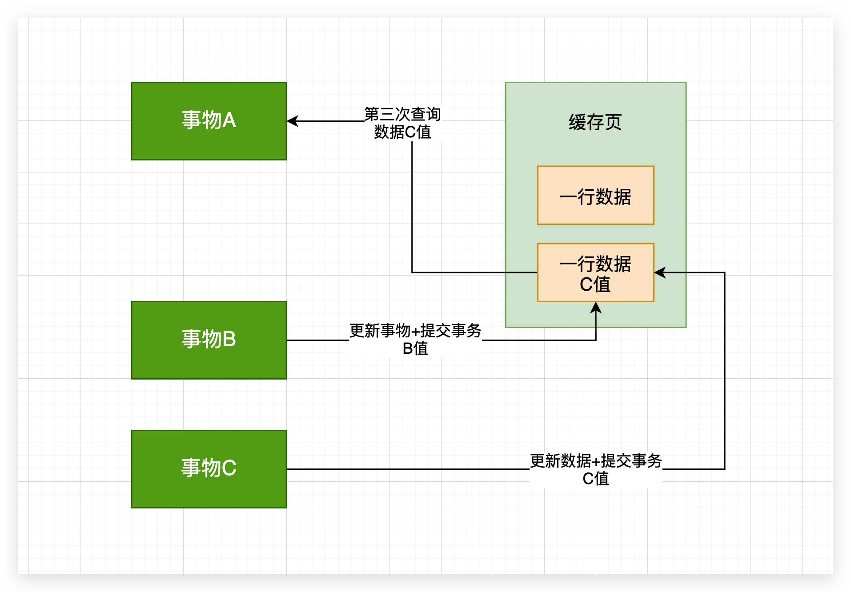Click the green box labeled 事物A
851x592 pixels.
209,121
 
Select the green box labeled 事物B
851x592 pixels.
209,340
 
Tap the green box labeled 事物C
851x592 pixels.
209,469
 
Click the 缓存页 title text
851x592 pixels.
595,122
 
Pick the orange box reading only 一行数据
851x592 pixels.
595,196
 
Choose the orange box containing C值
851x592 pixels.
595,272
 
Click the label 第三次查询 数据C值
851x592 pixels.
402,123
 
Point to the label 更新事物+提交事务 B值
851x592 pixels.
415,340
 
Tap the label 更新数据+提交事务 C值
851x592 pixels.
596,469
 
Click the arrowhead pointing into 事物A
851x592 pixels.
292,121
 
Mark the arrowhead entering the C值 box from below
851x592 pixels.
596,307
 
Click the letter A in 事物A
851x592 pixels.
229,120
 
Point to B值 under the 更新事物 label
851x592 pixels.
415,349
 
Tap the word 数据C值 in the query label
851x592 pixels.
402,132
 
